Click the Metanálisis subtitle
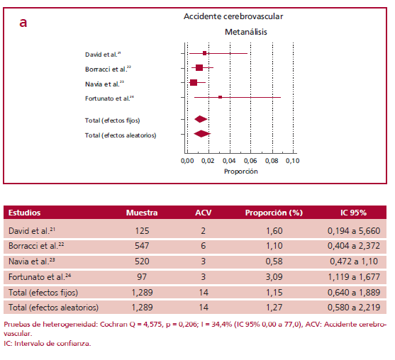[x=245, y=32]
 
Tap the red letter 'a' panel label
[x=23, y=23]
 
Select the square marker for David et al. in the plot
[x=205, y=53]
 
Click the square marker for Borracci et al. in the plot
[x=199, y=67]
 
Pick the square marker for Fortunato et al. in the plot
[x=221, y=97]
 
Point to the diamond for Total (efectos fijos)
[x=200, y=120]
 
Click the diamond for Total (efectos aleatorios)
[x=202, y=133]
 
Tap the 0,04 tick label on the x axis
[x=229, y=162]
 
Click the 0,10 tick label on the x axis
[x=292, y=162]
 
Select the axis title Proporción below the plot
[x=240, y=172]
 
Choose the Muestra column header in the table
[x=142, y=212]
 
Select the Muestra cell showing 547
[x=142, y=246]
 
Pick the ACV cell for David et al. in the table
[x=204, y=231]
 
